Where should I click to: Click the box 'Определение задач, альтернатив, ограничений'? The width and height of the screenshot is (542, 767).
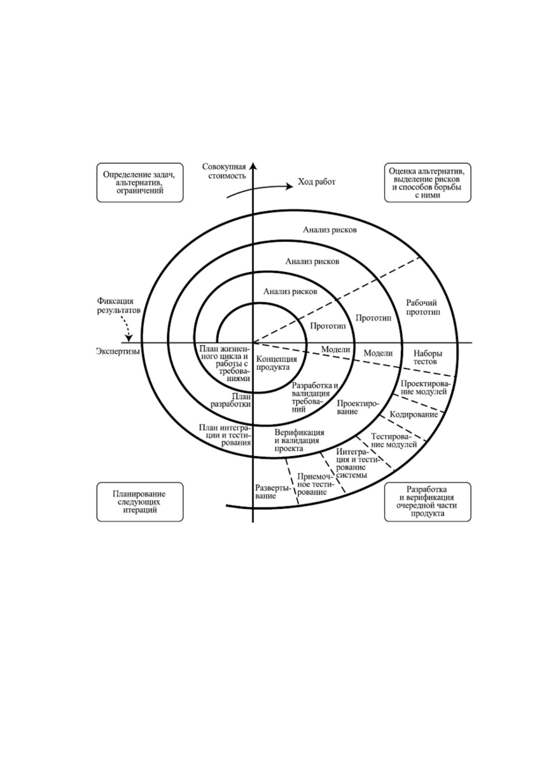pyautogui.click(x=140, y=183)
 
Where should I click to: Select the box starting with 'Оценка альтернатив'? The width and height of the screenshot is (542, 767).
pyautogui.click(x=427, y=183)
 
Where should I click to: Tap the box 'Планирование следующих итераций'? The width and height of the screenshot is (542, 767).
pyautogui.click(x=140, y=502)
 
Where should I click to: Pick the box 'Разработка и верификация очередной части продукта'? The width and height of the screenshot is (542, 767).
pyautogui.click(x=427, y=502)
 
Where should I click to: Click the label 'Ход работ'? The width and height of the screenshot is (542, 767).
pyautogui.click(x=317, y=182)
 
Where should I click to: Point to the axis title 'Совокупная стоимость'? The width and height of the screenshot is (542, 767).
pyautogui.click(x=224, y=171)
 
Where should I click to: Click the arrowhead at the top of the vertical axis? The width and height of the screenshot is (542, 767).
pyautogui.click(x=253, y=166)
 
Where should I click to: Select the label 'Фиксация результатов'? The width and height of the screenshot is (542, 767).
pyautogui.click(x=118, y=306)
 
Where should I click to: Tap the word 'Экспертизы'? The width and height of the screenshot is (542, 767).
pyautogui.click(x=118, y=351)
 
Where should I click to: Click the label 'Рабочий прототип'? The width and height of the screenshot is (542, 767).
pyautogui.click(x=423, y=307)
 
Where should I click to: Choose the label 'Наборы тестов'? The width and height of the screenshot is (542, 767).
pyautogui.click(x=428, y=357)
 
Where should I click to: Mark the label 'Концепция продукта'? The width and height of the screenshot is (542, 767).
pyautogui.click(x=277, y=363)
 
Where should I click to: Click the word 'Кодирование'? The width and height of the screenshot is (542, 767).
pyautogui.click(x=414, y=414)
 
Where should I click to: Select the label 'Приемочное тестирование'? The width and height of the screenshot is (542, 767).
pyautogui.click(x=312, y=484)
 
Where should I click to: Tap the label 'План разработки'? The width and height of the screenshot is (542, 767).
pyautogui.click(x=231, y=400)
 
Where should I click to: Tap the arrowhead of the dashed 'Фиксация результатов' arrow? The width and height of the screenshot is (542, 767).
pyautogui.click(x=129, y=338)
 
